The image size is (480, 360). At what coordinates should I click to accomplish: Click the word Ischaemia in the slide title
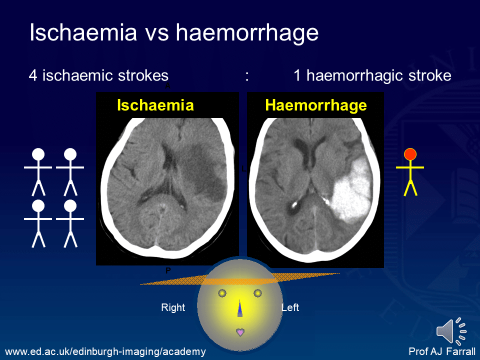click(83, 33)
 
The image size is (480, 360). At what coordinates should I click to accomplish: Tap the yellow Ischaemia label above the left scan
click(155, 105)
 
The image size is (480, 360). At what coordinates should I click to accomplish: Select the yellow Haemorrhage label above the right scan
click(316, 105)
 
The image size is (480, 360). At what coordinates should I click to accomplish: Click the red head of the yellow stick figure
click(410, 154)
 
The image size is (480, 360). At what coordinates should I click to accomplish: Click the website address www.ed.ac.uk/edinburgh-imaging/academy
click(105, 351)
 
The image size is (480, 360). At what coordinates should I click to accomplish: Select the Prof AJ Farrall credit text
click(442, 351)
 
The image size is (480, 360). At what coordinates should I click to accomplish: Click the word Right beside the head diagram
click(173, 307)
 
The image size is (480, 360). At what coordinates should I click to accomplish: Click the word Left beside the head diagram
click(290, 307)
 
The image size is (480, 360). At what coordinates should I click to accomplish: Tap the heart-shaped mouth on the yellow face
click(240, 331)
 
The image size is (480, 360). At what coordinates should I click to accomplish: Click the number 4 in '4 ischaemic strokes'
click(33, 75)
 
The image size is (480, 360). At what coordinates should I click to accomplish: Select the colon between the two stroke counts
click(247, 76)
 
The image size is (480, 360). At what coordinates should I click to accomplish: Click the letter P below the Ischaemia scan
click(168, 270)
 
